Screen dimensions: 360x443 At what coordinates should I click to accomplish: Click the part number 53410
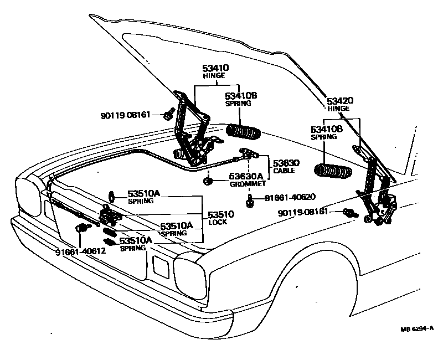click(215, 68)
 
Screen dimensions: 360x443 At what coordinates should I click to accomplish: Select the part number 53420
click(340, 101)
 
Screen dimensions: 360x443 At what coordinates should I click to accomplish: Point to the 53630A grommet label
click(246, 176)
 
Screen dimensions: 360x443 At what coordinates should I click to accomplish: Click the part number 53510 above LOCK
click(220, 214)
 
